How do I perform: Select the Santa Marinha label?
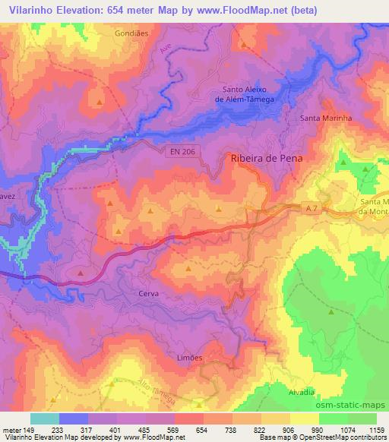click(326, 118)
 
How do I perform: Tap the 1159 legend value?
click(378, 430)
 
